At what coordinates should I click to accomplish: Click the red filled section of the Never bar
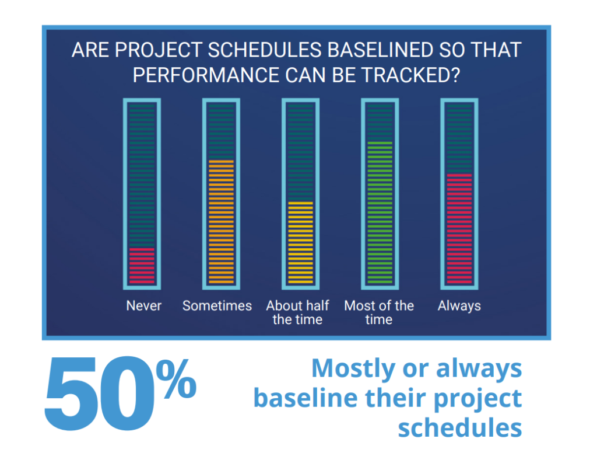[142, 266]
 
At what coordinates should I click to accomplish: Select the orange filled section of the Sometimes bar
[221, 222]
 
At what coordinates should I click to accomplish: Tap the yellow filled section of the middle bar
[300, 243]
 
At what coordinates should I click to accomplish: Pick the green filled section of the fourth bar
[380, 213]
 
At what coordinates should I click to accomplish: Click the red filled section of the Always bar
[459, 229]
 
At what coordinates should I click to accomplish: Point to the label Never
[143, 305]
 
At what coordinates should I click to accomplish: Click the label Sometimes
[217, 305]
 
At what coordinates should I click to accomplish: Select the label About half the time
[297, 312]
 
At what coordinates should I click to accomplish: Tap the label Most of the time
[379, 312]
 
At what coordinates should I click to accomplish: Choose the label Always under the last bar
[459, 305]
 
